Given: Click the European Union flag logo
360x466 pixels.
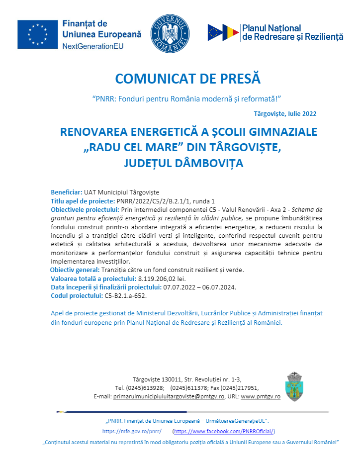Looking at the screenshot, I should (37, 35).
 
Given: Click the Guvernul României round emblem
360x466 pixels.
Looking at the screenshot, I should (171, 34).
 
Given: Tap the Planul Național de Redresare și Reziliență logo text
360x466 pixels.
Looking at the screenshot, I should (292, 32).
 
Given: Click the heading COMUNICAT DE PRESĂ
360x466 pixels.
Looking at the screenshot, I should (188, 79).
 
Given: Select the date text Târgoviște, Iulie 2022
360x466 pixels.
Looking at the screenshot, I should (285, 113).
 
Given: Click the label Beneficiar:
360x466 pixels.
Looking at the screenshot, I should (67, 192).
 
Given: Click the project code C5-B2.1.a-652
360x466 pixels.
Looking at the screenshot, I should (125, 295).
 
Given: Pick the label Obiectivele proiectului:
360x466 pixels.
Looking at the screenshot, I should (84, 209).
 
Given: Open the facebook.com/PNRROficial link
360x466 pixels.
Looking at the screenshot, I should (224, 431).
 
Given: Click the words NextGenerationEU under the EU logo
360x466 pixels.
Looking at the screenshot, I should (93, 46).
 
